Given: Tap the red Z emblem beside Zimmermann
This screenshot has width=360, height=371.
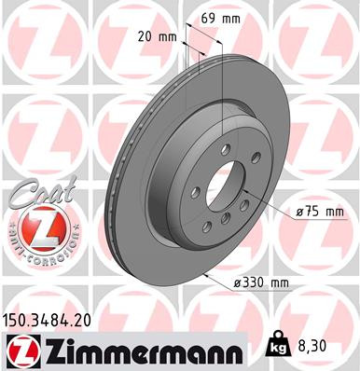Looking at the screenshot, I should point(21,351).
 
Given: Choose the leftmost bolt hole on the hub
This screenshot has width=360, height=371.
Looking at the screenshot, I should point(196,192).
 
